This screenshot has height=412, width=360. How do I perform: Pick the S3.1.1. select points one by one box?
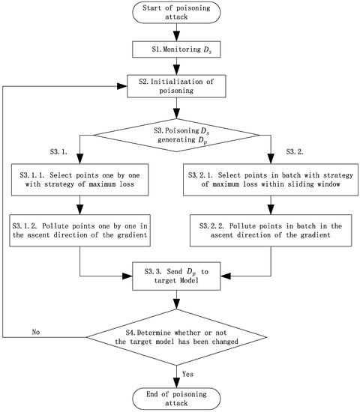79,181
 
